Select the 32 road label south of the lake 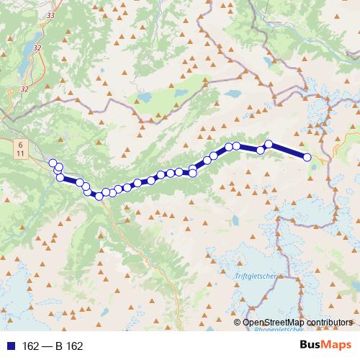pyautogui.click(x=25, y=89)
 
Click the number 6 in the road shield pyautogui.click(x=20, y=145)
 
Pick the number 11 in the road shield pyautogui.click(x=20, y=154)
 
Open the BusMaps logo pyautogui.click(x=325, y=345)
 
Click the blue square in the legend pyautogui.click(x=11, y=346)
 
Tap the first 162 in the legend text pyautogui.click(x=30, y=346)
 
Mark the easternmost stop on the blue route pyautogui.click(x=307, y=157)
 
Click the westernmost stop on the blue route pyautogui.click(x=53, y=163)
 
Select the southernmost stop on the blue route pyautogui.click(x=99, y=197)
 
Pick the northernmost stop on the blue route pyautogui.click(x=269, y=144)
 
